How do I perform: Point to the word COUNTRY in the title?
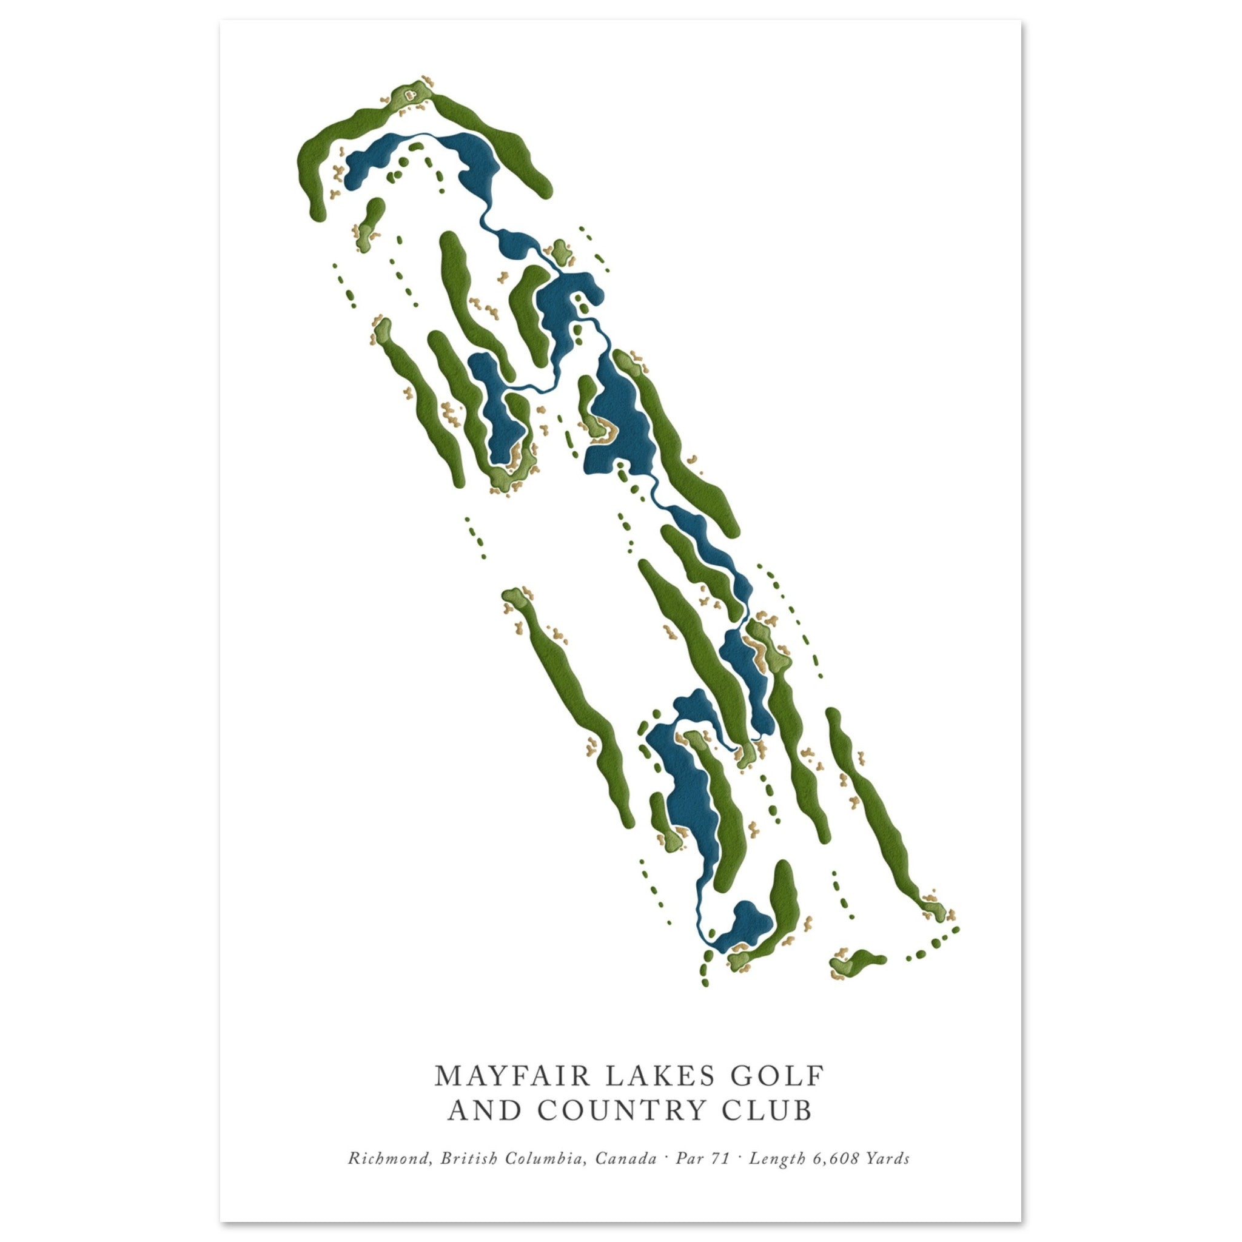(x=629, y=1111)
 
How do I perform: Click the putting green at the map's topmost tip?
(x=409, y=95)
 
